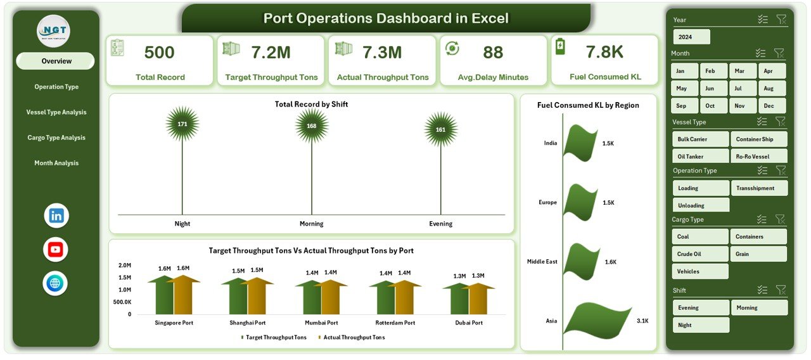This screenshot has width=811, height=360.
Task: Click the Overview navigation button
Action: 56,61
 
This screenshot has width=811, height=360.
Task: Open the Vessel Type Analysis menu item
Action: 56,112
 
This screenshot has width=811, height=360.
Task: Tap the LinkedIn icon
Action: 56,215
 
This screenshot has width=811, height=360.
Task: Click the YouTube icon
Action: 56,249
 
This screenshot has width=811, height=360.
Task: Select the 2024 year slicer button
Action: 691,37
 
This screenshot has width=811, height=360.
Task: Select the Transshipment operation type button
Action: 759,188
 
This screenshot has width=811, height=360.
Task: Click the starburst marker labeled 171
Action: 182,124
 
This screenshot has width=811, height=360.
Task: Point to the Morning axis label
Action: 311,224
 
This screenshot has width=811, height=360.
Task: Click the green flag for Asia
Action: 596,321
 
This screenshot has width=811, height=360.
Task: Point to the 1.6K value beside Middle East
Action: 610,262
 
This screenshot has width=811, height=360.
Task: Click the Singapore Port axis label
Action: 174,323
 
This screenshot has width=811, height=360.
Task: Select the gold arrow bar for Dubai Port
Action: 477,299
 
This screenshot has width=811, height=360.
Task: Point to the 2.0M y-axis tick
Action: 125,266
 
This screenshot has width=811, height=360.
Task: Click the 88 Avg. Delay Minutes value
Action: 493,52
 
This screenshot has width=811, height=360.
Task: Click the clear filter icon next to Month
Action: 779,53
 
